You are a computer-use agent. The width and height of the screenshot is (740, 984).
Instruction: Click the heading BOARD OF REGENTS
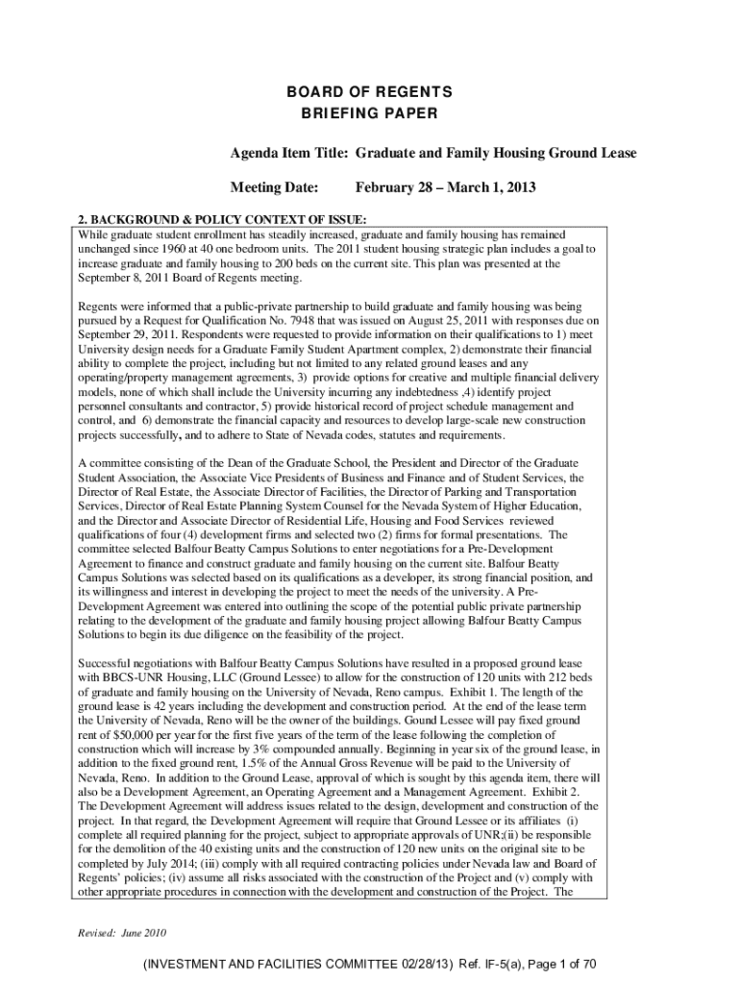click(370, 92)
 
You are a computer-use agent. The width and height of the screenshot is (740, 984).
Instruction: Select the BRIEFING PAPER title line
click(370, 113)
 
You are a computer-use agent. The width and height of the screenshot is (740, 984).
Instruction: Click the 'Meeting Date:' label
click(273, 186)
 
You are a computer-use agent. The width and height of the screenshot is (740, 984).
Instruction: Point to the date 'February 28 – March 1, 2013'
click(445, 186)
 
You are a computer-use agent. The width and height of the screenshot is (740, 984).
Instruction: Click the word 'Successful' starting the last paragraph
click(107, 664)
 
